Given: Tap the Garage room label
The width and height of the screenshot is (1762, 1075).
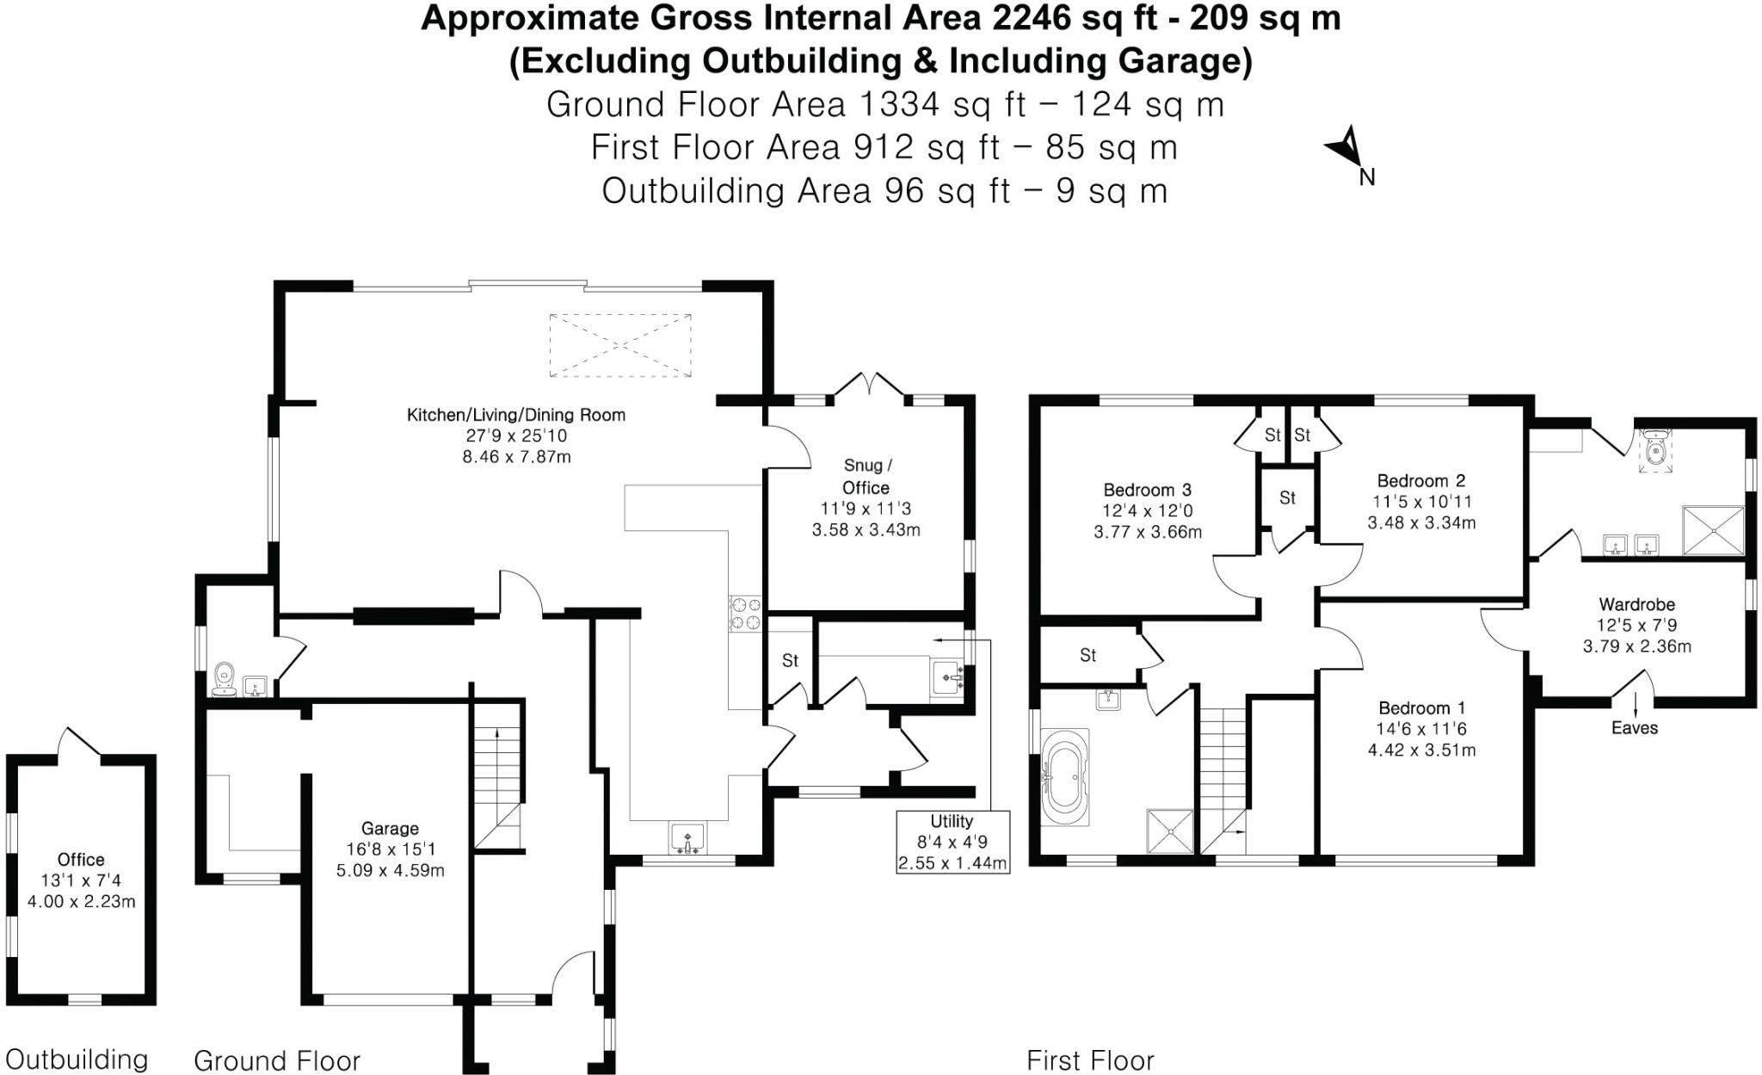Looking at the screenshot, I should pyautogui.click(x=390, y=828).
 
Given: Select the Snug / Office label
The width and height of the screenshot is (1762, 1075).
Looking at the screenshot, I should pyautogui.click(x=866, y=476).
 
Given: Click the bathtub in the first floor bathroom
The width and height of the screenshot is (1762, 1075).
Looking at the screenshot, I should pyautogui.click(x=1064, y=777).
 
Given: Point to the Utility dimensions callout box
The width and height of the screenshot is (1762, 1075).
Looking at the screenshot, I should pyautogui.click(x=952, y=842).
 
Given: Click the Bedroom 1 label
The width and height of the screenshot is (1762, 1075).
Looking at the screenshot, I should pyautogui.click(x=1421, y=707).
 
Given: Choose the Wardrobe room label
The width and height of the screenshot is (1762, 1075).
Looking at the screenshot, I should pyautogui.click(x=1636, y=604).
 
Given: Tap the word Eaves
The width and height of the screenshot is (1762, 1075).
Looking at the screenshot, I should pyautogui.click(x=1634, y=727).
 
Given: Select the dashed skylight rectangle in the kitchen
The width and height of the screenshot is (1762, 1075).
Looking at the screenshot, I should pyautogui.click(x=620, y=345).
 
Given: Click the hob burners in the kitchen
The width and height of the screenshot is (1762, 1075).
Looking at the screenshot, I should pyautogui.click(x=745, y=613).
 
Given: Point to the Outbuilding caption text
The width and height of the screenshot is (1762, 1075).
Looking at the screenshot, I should pyautogui.click(x=77, y=1059).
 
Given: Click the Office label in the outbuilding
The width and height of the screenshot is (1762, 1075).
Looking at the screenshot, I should pyautogui.click(x=81, y=859).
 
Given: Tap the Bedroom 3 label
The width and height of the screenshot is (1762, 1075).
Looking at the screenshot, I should pyautogui.click(x=1147, y=490).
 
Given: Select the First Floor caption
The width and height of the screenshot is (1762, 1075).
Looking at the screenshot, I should pyautogui.click(x=1090, y=1060).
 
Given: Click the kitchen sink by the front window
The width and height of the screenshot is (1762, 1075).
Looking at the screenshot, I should pyautogui.click(x=687, y=837).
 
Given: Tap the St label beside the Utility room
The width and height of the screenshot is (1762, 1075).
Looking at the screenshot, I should pyautogui.click(x=790, y=660).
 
